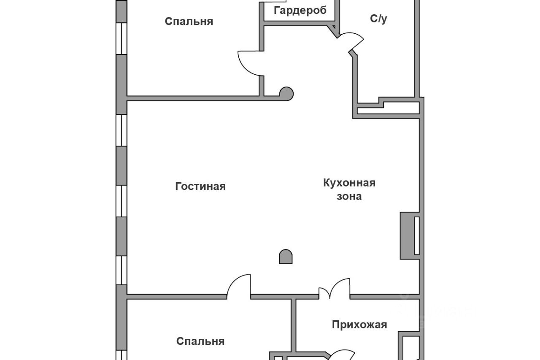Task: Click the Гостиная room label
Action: [x=200, y=186]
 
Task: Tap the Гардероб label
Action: [x=300, y=11]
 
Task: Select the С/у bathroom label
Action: [x=378, y=19]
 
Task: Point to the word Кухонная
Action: [x=349, y=183]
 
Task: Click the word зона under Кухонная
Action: [x=349, y=196]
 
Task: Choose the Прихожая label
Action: [x=359, y=325]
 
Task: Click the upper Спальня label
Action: [x=189, y=22]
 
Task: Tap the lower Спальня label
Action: [x=200, y=341]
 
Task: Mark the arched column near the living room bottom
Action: [x=286, y=257]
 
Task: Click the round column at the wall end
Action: [x=286, y=93]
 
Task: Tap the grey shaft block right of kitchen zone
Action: [x=407, y=235]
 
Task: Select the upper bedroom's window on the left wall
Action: [x=121, y=38]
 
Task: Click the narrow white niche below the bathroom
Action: [x=387, y=111]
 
